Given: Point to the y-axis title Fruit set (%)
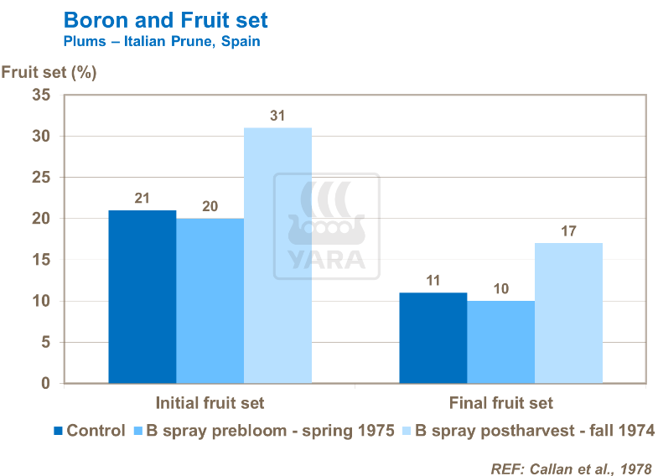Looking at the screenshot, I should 49,71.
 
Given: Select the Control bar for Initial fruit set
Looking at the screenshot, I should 142,297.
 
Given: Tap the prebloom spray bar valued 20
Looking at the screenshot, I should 210,301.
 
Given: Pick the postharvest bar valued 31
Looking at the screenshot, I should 277,256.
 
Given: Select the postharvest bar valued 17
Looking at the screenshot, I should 568,313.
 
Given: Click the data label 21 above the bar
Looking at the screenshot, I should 142,198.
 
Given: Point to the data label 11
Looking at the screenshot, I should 433,280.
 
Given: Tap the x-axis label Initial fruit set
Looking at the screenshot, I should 210,403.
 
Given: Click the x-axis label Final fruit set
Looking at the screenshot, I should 500,403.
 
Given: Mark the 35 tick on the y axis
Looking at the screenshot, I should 41,96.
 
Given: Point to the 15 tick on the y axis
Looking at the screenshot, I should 41,260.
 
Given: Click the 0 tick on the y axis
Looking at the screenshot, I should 46,384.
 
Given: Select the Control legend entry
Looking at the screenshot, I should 89,431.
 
